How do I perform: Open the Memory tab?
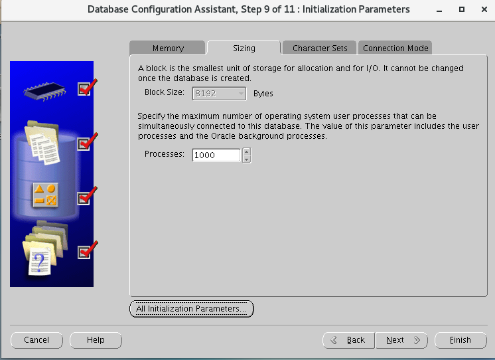(168, 48)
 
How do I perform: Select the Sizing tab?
(244, 48)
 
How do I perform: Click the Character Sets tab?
(319, 48)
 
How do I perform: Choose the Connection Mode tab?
(395, 48)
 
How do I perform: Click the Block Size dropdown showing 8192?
(219, 94)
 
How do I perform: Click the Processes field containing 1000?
(216, 155)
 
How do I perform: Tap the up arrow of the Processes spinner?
(247, 151)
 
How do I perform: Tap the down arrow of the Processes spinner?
(247, 159)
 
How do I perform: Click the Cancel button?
(36, 340)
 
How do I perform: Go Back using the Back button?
(348, 340)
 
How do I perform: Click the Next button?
(401, 340)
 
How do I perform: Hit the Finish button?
(460, 340)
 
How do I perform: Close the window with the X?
(484, 9)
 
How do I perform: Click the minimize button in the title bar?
(439, 10)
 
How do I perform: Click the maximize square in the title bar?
(462, 9)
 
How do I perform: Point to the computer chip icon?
(44, 92)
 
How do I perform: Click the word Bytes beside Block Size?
(263, 94)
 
